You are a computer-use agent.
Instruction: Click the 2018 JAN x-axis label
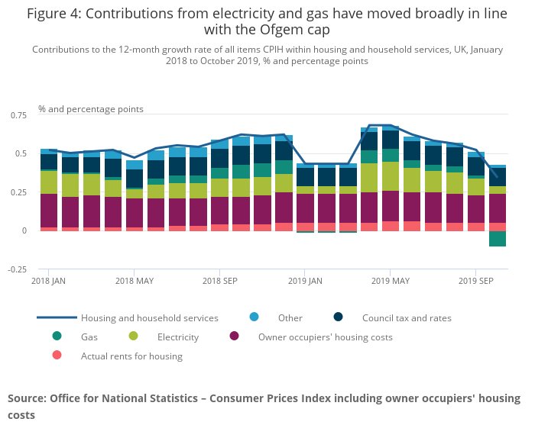[48, 281]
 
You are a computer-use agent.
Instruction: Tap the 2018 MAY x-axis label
[135, 281]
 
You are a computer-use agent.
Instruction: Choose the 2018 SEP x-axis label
[220, 281]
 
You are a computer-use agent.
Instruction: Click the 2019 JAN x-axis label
[305, 281]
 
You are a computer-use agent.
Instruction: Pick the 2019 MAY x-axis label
[391, 281]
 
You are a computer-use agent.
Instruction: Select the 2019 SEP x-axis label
[475, 281]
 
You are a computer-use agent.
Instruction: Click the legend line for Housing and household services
[57, 317]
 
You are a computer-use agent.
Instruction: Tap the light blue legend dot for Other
[255, 317]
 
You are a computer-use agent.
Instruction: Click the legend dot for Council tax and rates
[339, 317]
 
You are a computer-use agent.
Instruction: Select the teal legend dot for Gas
[57, 337]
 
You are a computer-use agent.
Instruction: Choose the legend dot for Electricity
[134, 337]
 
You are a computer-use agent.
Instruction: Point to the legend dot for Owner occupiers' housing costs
[235, 337]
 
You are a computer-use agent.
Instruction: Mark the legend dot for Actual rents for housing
[57, 356]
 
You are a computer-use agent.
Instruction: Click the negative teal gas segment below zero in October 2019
[498, 239]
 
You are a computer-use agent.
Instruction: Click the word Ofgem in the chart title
[280, 29]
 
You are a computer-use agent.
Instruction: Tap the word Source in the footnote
[27, 398]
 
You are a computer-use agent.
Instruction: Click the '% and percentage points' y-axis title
[91, 109]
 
